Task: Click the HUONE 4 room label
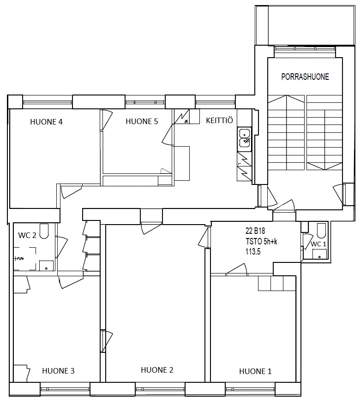point(47,122)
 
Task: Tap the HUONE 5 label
point(142,121)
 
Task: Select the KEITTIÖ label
point(219,120)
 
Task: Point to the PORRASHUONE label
point(305,77)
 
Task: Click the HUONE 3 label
point(58,371)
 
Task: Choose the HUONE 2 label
point(157,370)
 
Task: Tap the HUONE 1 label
point(255,371)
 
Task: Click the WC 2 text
point(27,235)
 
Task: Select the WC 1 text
point(318,244)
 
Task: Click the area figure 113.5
point(253,252)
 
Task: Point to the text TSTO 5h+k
point(261,242)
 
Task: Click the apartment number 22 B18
point(255,230)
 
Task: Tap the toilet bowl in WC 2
point(44,231)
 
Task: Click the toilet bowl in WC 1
point(322,231)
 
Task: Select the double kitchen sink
point(244,140)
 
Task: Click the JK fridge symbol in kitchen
point(182,116)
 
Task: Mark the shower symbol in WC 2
point(25,258)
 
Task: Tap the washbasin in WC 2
point(46,266)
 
